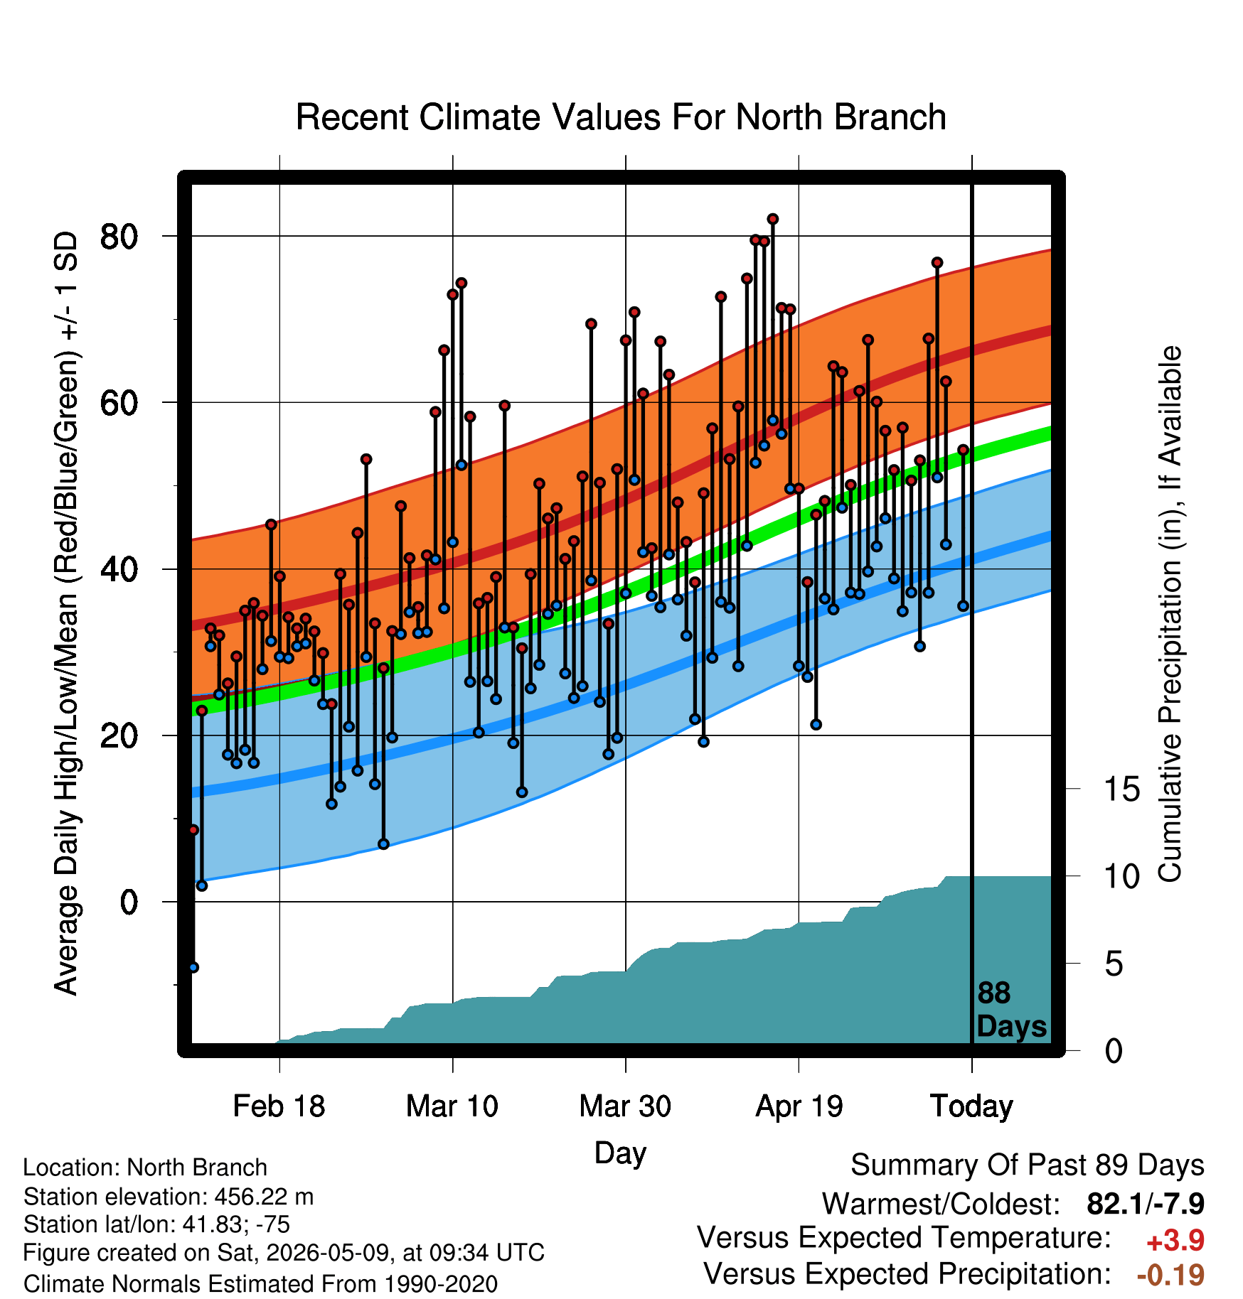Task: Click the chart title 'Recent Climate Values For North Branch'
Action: pyautogui.click(x=621, y=117)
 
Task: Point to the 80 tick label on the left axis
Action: pyautogui.click(x=119, y=236)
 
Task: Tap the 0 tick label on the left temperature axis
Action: pyautogui.click(x=129, y=902)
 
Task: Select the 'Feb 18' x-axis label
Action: pyautogui.click(x=279, y=1106)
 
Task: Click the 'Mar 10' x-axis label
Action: pyautogui.click(x=452, y=1106)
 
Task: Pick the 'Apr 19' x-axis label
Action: pyautogui.click(x=799, y=1106)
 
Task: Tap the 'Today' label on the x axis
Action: pyautogui.click(x=971, y=1106)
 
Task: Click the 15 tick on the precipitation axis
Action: pyautogui.click(x=1121, y=789)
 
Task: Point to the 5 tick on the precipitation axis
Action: pyautogui.click(x=1114, y=964)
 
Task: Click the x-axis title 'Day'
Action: pyautogui.click(x=620, y=1153)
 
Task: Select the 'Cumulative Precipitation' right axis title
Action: pyautogui.click(x=1170, y=614)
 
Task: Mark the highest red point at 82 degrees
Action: pyautogui.click(x=773, y=219)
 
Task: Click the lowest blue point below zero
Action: pyautogui.click(x=193, y=967)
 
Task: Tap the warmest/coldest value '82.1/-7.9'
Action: pyautogui.click(x=1146, y=1204)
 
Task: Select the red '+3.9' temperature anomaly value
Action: pyautogui.click(x=1175, y=1241)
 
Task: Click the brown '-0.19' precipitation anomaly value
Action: pyautogui.click(x=1171, y=1275)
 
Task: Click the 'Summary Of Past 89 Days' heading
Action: pyautogui.click(x=1028, y=1166)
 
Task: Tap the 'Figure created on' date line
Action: pyautogui.click(x=284, y=1252)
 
